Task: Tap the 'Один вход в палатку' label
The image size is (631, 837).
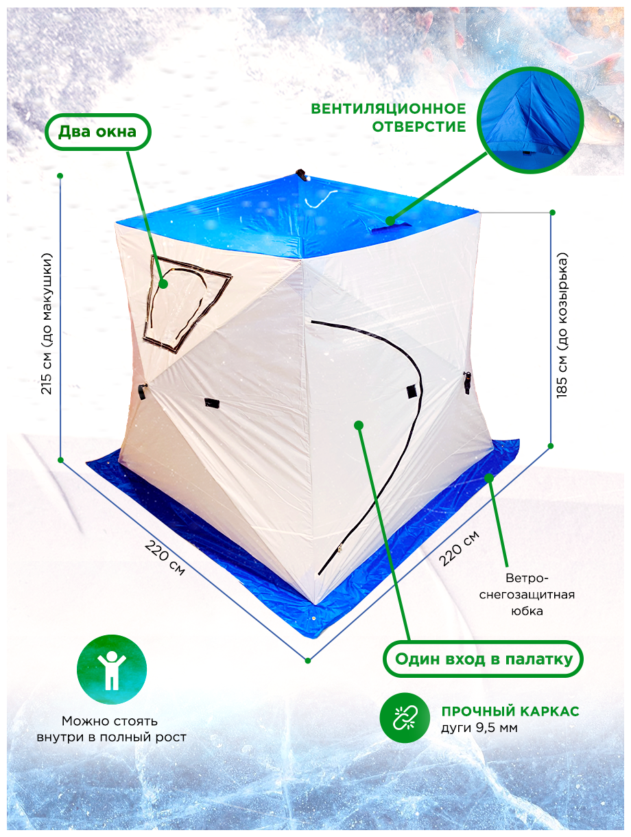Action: pos(483,660)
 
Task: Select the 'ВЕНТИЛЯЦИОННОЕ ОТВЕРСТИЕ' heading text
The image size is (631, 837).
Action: pos(388,117)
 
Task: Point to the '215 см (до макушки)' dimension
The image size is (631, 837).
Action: pos(47,323)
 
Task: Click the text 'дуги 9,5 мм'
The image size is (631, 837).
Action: pos(479,728)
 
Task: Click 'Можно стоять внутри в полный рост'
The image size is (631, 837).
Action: pos(110,729)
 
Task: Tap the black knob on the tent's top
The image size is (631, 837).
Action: pos(301,174)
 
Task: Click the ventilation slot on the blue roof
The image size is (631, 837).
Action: pos(392,225)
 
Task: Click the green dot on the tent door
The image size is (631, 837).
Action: pos(358,425)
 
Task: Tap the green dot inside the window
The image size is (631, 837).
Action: pos(163,283)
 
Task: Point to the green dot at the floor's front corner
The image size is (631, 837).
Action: pos(308,661)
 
